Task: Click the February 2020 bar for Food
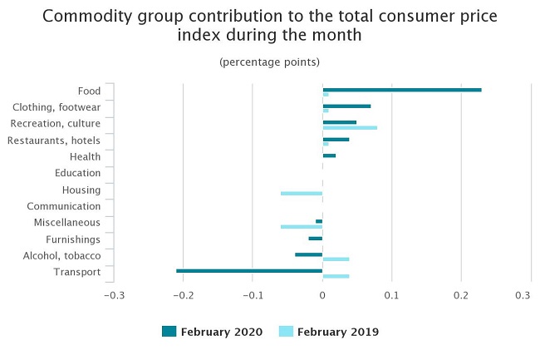pyautogui.click(x=402, y=89)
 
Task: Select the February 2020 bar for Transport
pyautogui.click(x=249, y=270)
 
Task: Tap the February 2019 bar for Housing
pyautogui.click(x=302, y=193)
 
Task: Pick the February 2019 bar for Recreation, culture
pyautogui.click(x=350, y=127)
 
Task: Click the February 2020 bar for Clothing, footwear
pyautogui.click(x=346, y=106)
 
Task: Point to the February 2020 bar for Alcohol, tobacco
pyautogui.click(x=308, y=254)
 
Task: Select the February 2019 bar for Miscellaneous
pyautogui.click(x=302, y=226)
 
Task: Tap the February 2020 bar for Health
pyautogui.click(x=329, y=155)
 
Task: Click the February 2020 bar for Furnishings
pyautogui.click(x=315, y=238)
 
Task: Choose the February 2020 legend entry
pyautogui.click(x=212, y=332)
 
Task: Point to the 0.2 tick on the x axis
pyautogui.click(x=461, y=295)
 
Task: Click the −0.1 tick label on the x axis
pyautogui.click(x=253, y=295)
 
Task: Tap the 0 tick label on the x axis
pyautogui.click(x=322, y=295)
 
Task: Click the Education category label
pyautogui.click(x=77, y=173)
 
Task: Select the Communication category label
pyautogui.click(x=64, y=206)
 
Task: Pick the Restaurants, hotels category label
pyautogui.click(x=54, y=141)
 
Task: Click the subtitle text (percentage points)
pyautogui.click(x=269, y=62)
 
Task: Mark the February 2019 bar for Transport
pyautogui.click(x=336, y=276)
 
